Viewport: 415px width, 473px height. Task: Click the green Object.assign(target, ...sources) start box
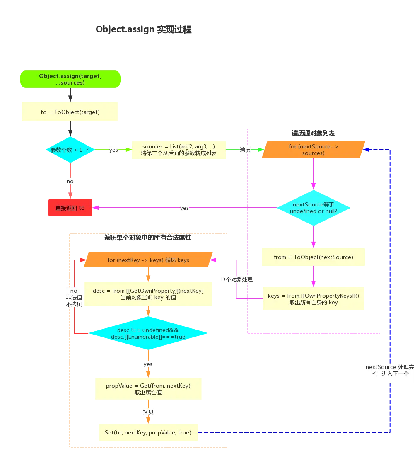point(70,79)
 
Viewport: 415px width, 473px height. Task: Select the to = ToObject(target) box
point(70,112)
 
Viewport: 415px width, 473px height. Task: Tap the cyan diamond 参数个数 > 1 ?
point(70,150)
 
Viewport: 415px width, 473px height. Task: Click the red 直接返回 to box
point(70,208)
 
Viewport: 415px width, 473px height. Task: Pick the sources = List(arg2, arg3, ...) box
point(179,150)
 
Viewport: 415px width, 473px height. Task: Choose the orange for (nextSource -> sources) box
point(314,150)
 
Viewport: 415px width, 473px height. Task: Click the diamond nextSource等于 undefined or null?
point(314,208)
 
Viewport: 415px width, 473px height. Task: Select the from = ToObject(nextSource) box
point(314,257)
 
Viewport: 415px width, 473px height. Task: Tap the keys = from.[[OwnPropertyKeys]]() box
point(314,298)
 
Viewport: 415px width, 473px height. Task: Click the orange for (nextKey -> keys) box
point(148,260)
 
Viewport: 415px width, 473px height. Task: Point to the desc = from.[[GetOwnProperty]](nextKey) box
point(148,294)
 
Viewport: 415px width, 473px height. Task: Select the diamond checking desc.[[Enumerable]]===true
point(148,333)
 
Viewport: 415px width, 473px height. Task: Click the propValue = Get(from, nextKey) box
point(148,388)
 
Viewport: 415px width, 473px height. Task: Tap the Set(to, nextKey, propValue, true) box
point(148,432)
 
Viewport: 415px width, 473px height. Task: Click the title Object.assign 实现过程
point(144,29)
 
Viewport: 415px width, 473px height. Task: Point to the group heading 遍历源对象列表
point(313,133)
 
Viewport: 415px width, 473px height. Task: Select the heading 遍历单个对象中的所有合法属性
point(148,238)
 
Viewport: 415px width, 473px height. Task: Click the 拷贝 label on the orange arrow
point(148,412)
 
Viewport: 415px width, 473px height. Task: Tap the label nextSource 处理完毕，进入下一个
point(390,371)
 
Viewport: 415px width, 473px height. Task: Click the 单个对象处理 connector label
point(236,280)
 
